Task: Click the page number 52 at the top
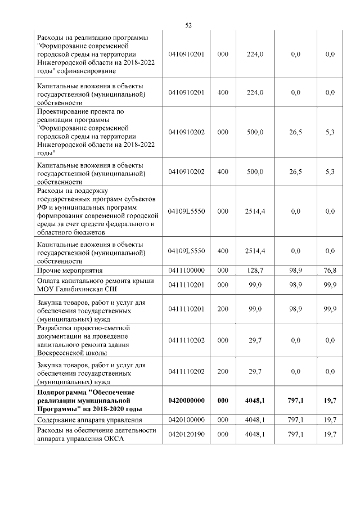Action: tap(188, 25)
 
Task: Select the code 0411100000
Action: tap(186, 271)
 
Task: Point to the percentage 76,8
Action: tap(330, 271)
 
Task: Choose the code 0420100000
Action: tap(186, 420)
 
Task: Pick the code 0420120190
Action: tap(186, 435)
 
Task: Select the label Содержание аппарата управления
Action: tap(90, 420)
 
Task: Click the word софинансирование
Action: tap(84, 71)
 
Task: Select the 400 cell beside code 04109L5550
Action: tap(223, 251)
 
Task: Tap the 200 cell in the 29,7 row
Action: tap(223, 372)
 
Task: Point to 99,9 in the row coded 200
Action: tap(330, 310)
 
